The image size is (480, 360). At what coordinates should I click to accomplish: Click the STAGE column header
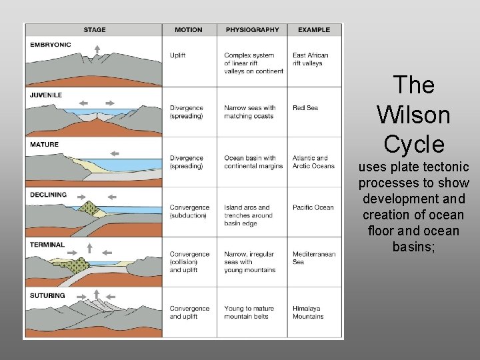click(x=94, y=30)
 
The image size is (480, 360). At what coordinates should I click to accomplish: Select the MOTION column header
click(x=189, y=30)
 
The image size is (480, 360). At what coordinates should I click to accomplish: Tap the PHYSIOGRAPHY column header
click(x=252, y=30)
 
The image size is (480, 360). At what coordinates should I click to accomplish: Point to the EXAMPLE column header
click(x=314, y=30)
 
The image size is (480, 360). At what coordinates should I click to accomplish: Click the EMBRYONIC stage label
click(x=50, y=45)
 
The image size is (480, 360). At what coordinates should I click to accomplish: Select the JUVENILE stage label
click(x=45, y=95)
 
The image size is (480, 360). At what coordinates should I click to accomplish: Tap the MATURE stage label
click(x=44, y=144)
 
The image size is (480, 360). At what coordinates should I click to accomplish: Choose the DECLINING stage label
click(x=48, y=195)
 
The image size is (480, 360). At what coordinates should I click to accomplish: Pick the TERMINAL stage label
click(x=47, y=245)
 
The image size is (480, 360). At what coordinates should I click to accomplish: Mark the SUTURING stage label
click(x=47, y=295)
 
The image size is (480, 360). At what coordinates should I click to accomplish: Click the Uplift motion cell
click(x=178, y=55)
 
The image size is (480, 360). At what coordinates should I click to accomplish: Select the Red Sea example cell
click(x=305, y=108)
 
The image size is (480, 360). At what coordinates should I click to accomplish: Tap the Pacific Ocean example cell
click(x=313, y=207)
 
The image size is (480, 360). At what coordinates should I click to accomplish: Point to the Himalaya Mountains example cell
click(x=309, y=312)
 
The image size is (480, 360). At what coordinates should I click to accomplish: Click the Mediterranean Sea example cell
click(x=313, y=258)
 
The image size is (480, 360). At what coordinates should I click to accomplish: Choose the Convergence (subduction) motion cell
click(x=189, y=211)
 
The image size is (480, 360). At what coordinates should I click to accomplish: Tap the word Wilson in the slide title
click(x=413, y=114)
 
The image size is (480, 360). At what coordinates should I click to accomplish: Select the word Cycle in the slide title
click(x=413, y=143)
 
